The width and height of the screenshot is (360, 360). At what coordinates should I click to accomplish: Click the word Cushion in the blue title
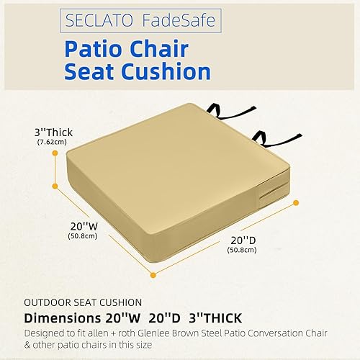click(168, 71)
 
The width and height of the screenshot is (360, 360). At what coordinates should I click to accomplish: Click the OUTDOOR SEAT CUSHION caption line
click(81, 302)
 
